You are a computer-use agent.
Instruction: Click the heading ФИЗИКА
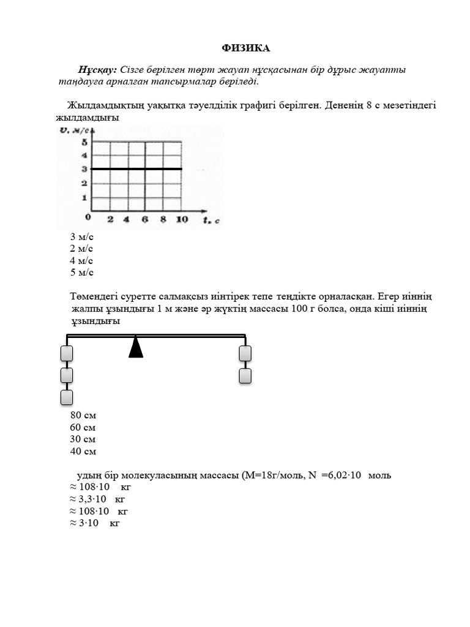point(245,48)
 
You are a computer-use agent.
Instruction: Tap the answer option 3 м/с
point(81,236)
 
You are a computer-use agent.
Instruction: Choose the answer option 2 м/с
point(81,249)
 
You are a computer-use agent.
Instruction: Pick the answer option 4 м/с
point(81,261)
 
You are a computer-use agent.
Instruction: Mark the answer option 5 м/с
point(81,273)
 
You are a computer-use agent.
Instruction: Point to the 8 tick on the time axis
point(163,219)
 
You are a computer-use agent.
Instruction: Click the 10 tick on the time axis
point(181,219)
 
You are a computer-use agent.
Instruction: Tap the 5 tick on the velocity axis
point(84,142)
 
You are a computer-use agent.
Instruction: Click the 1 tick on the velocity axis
point(84,197)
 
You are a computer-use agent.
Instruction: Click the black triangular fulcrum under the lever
point(136,347)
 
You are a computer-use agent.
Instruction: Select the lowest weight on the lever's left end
point(67,397)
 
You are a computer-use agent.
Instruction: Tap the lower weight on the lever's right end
point(245,375)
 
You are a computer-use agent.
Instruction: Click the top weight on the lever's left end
point(67,353)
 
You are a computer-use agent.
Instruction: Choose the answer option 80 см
point(83,415)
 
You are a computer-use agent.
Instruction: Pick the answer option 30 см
point(83,440)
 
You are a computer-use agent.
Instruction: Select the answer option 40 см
point(83,452)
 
